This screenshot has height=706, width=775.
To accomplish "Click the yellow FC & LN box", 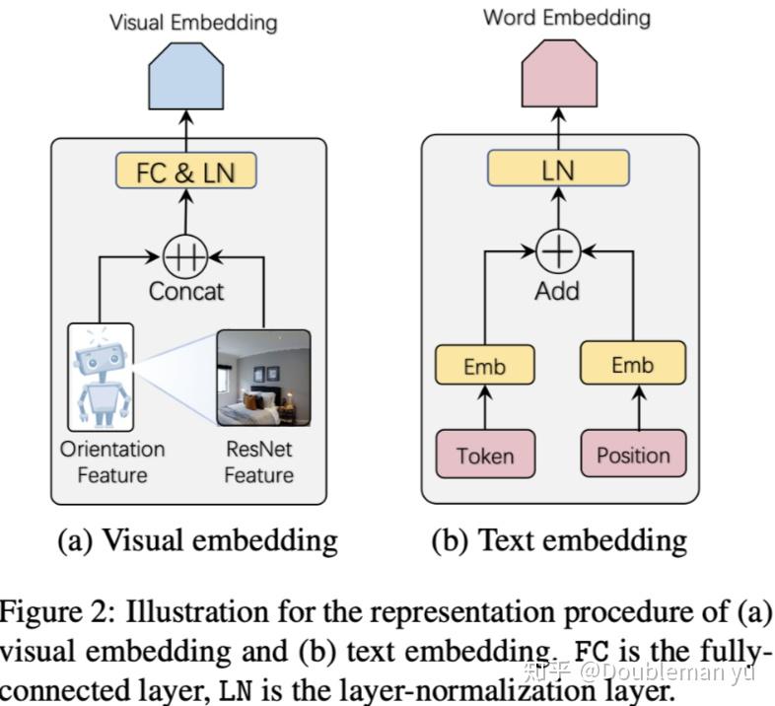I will click(186, 172).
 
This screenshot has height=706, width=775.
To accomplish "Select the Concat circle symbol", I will click(185, 258).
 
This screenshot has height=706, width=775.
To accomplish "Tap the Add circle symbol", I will click(558, 252).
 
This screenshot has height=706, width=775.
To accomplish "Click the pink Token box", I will click(484, 455).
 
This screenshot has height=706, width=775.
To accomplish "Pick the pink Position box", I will click(632, 455).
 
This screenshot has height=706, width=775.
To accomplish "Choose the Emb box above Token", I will click(484, 366).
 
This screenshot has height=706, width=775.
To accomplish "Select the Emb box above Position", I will click(632, 364).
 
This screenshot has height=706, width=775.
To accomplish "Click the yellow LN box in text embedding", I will click(558, 170).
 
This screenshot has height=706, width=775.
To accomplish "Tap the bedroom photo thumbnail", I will click(263, 378).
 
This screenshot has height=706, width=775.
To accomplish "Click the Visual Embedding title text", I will click(193, 21).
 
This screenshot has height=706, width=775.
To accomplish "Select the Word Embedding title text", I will click(566, 18).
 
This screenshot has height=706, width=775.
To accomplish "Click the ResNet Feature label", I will click(258, 462).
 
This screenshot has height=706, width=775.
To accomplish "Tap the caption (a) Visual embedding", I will click(197, 539).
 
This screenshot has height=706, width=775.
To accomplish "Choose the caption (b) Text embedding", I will click(559, 539).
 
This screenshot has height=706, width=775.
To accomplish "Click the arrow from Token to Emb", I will click(484, 408).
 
